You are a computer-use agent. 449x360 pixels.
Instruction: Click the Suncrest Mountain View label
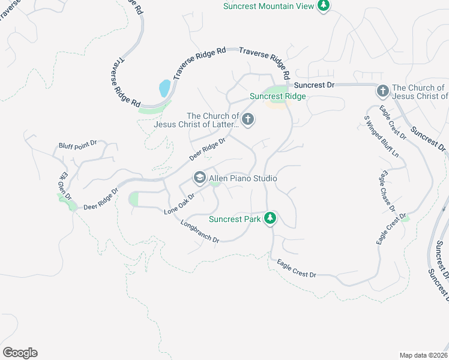tap(268, 6)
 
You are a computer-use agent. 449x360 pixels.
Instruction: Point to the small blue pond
tap(164, 89)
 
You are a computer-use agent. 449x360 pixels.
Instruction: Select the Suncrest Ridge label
tap(278, 96)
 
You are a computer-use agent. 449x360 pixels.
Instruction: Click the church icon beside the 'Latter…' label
tap(248, 121)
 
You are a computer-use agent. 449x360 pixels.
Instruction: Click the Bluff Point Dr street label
tap(82, 146)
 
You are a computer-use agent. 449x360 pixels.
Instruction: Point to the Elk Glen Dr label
tap(65, 186)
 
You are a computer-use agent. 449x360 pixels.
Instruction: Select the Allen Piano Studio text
tap(243, 178)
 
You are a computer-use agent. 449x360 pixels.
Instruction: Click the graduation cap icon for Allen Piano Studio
tap(199, 178)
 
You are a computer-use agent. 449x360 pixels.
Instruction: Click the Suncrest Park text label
tap(235, 219)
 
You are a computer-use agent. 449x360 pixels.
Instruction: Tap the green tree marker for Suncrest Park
tap(270, 218)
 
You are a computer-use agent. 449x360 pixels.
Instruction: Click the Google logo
tap(20, 353)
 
